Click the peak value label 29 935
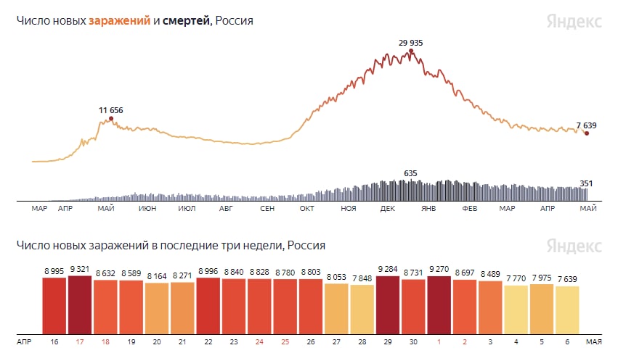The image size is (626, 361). pyautogui.click(x=410, y=43)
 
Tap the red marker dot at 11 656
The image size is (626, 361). pyautogui.click(x=111, y=118)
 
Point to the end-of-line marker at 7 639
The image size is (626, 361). pyautogui.click(x=587, y=133)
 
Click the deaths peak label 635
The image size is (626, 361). pyautogui.click(x=410, y=173)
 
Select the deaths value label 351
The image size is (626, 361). pyautogui.click(x=586, y=183)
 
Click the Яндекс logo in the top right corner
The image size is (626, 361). pyautogui.click(x=574, y=21)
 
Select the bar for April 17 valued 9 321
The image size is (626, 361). pyautogui.click(x=80, y=302)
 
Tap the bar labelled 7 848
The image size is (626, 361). pyautogui.click(x=362, y=307)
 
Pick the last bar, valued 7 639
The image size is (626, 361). pyautogui.click(x=567, y=307)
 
